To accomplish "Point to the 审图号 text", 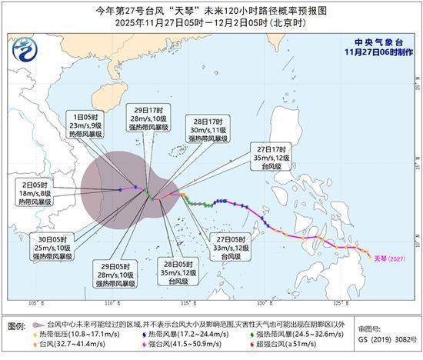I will click(x=368, y=326).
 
